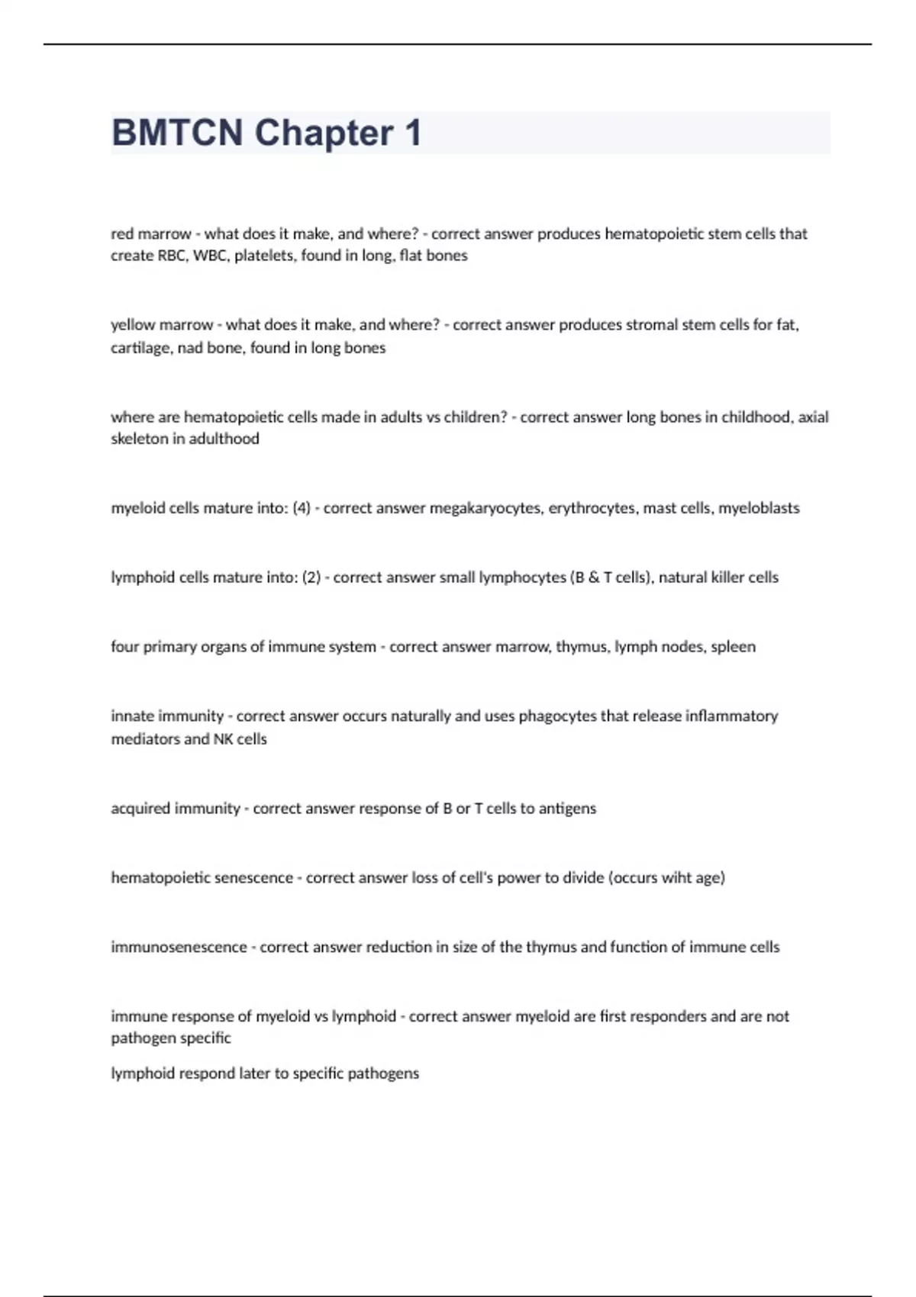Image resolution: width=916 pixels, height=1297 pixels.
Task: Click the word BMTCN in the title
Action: tap(177, 133)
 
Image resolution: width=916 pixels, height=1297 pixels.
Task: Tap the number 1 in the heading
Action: tap(413, 133)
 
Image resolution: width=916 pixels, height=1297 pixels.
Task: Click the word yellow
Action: tap(133, 325)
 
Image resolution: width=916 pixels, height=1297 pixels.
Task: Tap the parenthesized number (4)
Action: tap(302, 508)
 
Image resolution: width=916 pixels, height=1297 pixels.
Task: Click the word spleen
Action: tap(733, 647)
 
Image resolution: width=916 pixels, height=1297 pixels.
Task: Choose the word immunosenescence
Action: tap(179, 948)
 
